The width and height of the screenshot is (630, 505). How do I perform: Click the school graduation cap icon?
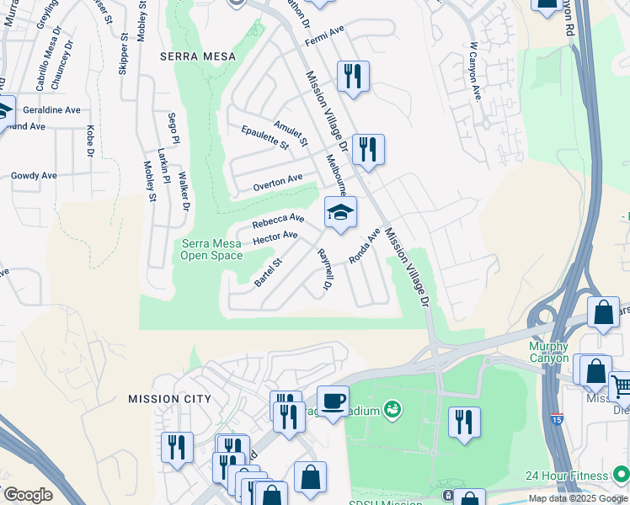pyautogui.click(x=340, y=213)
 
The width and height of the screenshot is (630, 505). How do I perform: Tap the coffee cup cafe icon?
pyautogui.click(x=333, y=401)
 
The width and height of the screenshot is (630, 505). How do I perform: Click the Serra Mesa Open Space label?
pyautogui.click(x=212, y=250)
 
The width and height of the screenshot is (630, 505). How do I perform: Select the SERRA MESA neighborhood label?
pyautogui.click(x=190, y=56)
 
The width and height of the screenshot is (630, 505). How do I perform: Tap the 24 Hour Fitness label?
pyautogui.click(x=576, y=476)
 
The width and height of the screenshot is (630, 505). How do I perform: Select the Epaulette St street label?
pyautogui.click(x=264, y=139)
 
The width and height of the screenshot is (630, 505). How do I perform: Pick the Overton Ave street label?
pyautogui.click(x=277, y=181)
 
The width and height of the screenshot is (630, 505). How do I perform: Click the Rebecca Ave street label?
pyautogui.click(x=278, y=221)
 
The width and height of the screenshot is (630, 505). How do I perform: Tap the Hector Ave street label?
pyautogui.click(x=275, y=239)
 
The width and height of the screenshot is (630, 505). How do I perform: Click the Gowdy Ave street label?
pyautogui.click(x=34, y=176)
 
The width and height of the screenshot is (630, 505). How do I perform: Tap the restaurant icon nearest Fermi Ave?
pyautogui.click(x=352, y=77)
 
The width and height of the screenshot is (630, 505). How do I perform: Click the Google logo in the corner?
pyautogui.click(x=28, y=495)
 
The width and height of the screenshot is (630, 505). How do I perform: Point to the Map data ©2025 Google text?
pyautogui.click(x=578, y=498)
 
